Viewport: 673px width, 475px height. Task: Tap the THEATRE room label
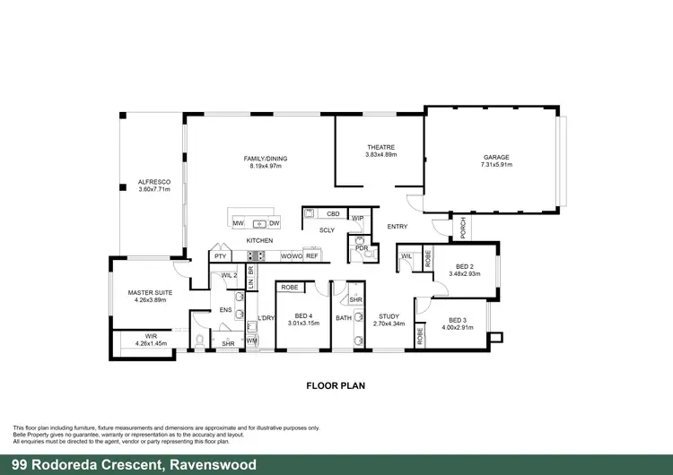click(380, 148)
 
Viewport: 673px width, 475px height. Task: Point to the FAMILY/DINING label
click(266, 159)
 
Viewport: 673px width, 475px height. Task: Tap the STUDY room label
click(389, 316)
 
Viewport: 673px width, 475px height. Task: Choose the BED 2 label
click(464, 267)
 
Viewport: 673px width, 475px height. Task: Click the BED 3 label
click(458, 320)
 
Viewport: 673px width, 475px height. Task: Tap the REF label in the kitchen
click(312, 256)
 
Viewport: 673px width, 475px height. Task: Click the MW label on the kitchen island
click(239, 222)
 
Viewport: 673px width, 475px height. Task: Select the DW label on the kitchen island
click(274, 222)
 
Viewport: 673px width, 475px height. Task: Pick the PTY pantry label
click(221, 256)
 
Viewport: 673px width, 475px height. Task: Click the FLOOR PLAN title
click(336, 386)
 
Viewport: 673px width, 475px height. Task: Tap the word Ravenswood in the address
click(212, 464)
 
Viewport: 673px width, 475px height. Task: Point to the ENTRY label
click(397, 227)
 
